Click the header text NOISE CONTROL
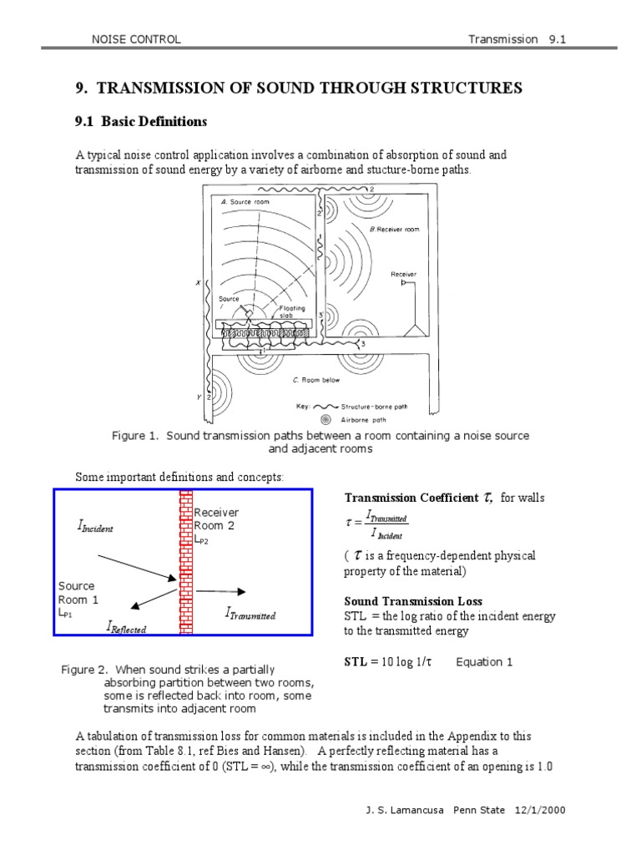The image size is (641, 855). (x=135, y=39)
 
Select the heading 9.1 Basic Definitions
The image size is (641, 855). (x=140, y=122)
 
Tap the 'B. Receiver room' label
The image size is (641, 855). (x=394, y=228)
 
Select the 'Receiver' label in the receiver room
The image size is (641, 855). (x=403, y=273)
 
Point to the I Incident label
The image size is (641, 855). (x=94, y=527)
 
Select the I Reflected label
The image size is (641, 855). (x=126, y=626)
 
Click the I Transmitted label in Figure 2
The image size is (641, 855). (x=250, y=614)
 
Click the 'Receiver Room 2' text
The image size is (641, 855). (x=216, y=519)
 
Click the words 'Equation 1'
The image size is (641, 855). (x=484, y=662)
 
